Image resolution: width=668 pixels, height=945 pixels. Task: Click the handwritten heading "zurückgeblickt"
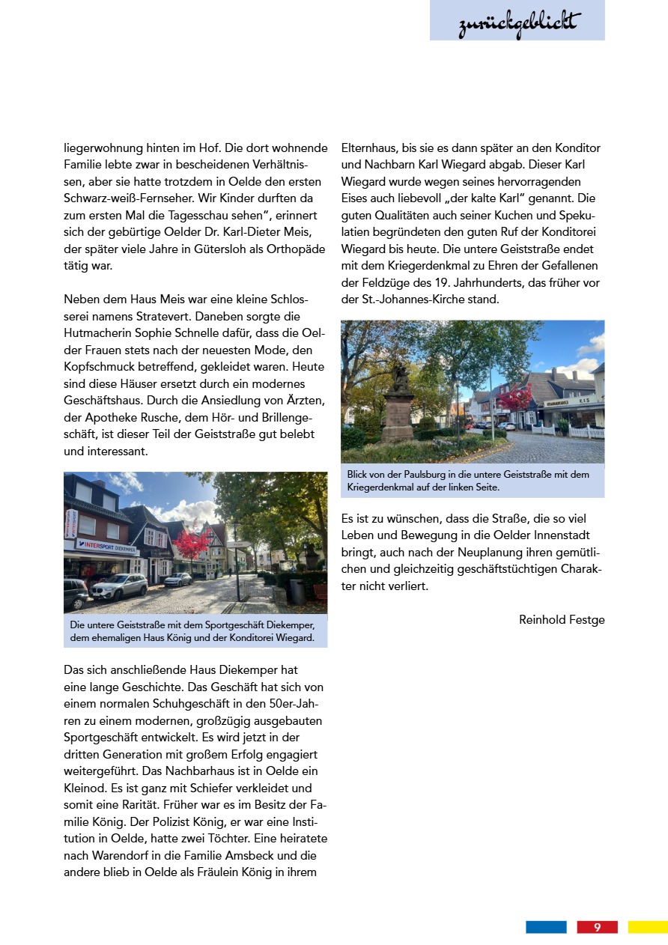(518, 23)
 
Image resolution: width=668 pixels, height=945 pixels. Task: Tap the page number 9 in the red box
(597, 927)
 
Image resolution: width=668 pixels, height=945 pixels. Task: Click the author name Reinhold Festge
(562, 619)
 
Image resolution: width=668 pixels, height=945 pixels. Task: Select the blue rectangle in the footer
(546, 927)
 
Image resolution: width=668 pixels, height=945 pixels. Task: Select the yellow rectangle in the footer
(648, 927)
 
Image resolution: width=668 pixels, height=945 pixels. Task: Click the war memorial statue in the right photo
(398, 404)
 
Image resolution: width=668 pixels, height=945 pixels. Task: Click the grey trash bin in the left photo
(297, 591)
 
